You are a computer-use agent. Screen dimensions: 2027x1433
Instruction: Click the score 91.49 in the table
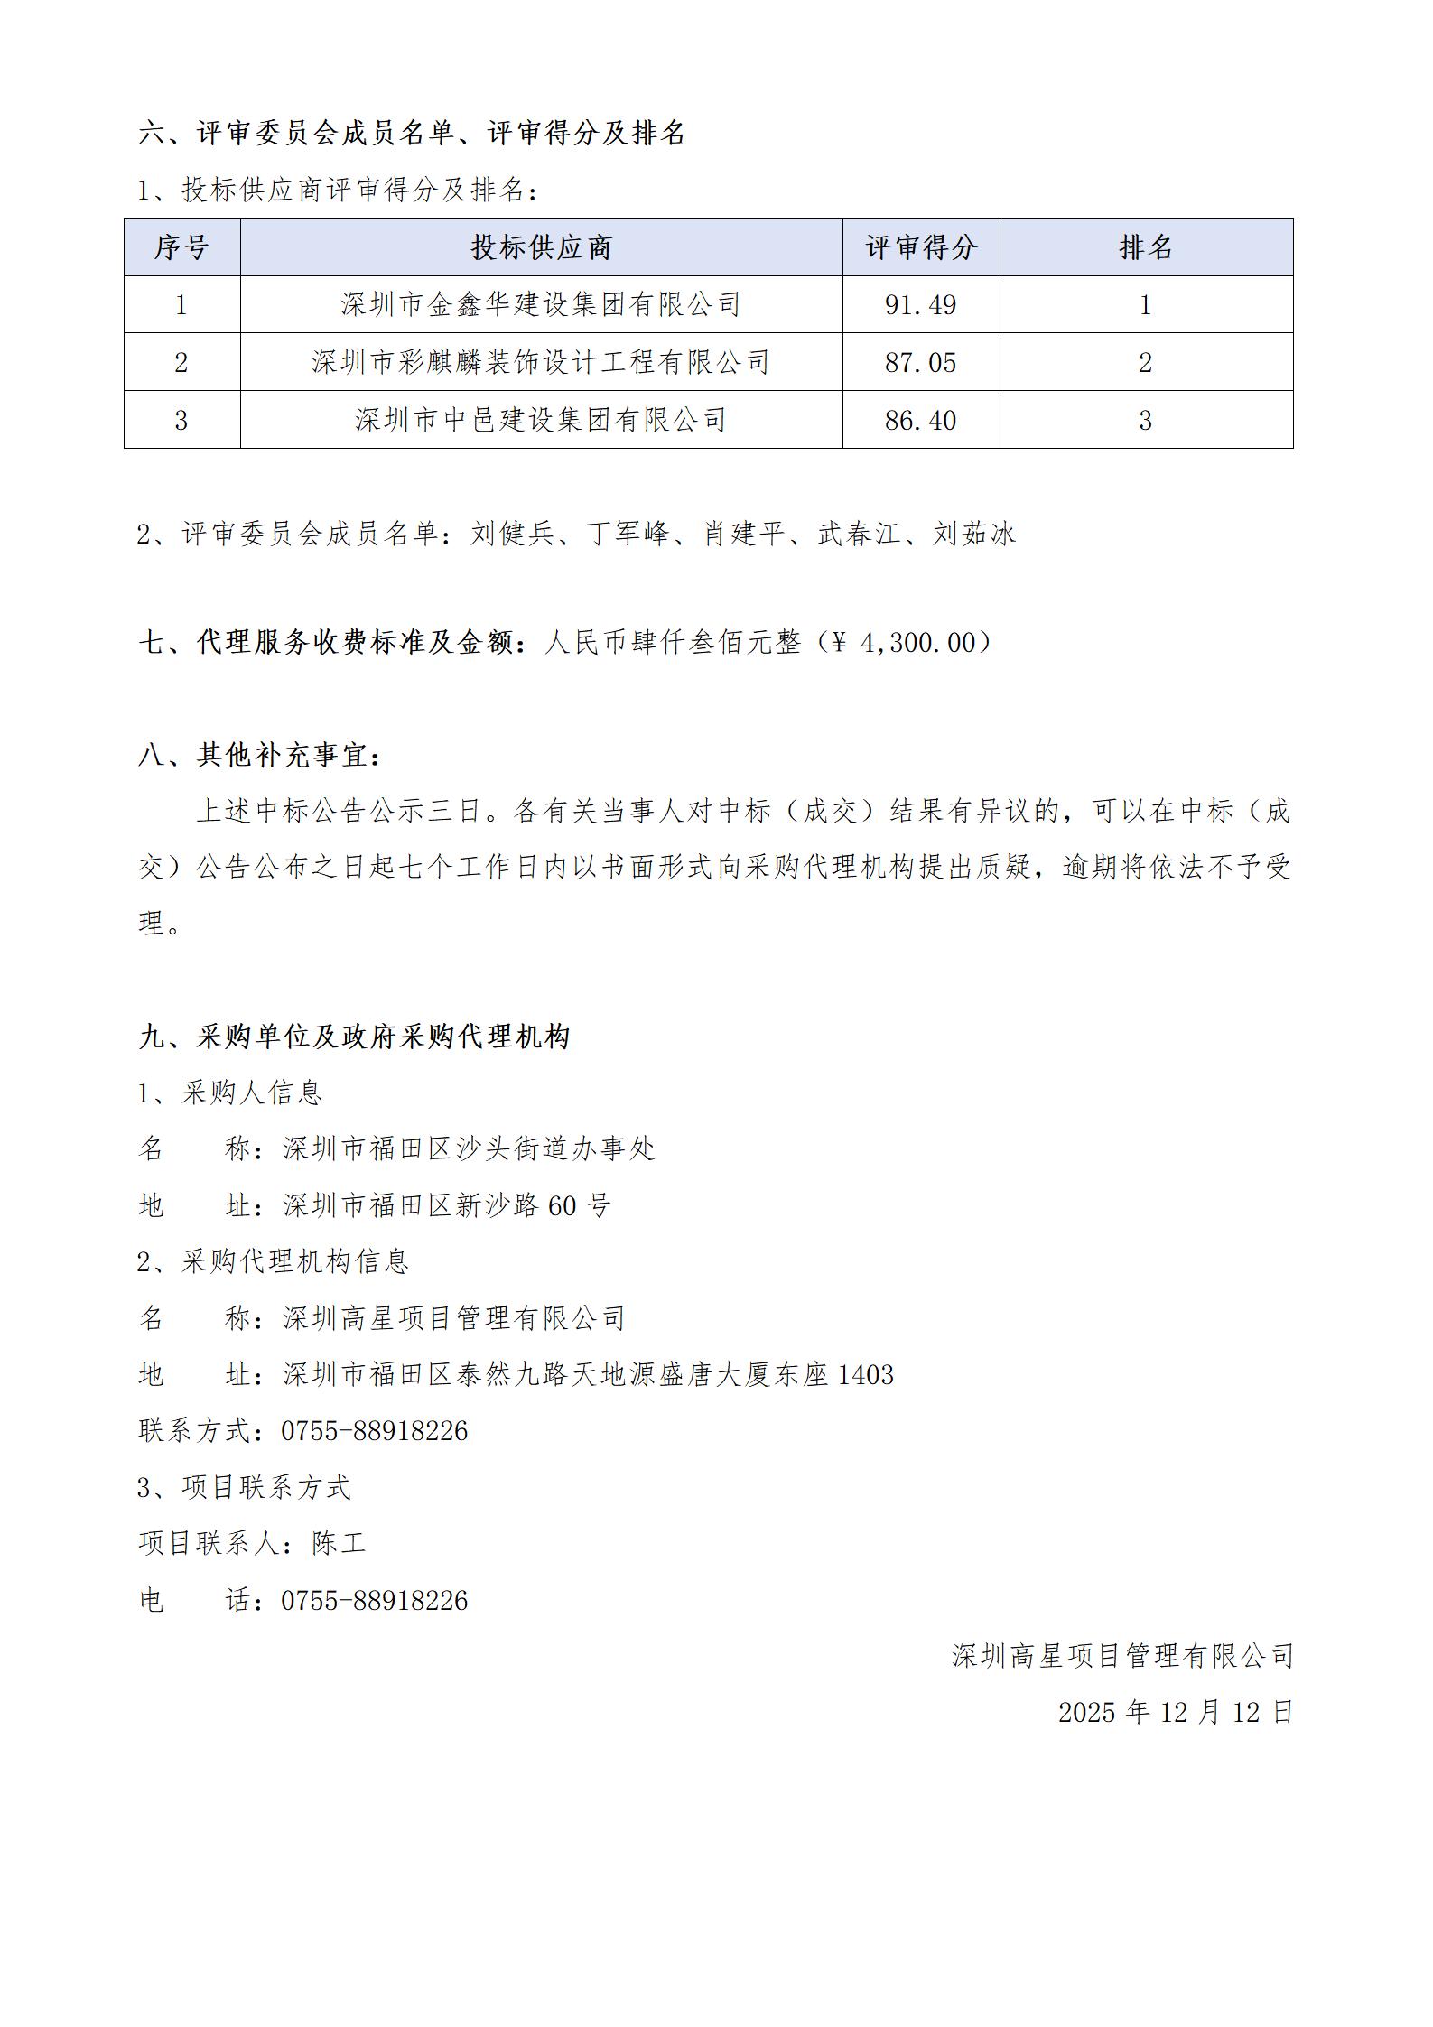(920, 305)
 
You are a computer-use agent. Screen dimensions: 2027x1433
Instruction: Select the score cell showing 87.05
(920, 363)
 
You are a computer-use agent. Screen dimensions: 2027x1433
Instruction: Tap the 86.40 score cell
(920, 421)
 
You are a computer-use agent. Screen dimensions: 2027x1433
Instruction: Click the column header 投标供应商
(541, 247)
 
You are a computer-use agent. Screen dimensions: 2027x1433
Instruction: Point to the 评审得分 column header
(920, 247)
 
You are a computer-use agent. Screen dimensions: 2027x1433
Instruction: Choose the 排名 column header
(1145, 247)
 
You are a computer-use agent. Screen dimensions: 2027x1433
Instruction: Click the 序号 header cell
(181, 247)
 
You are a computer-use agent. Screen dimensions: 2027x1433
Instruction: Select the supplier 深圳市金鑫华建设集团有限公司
(541, 305)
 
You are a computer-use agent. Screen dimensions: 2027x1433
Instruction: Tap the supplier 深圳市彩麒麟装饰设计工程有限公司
(541, 363)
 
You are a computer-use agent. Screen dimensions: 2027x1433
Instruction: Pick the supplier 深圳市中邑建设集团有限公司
(541, 421)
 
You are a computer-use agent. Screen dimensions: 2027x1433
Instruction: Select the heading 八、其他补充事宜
(260, 756)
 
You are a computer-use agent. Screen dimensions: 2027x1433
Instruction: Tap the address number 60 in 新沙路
(563, 1205)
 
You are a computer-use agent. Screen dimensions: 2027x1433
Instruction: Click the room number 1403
(866, 1375)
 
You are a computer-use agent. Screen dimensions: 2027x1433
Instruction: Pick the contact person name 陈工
(339, 1543)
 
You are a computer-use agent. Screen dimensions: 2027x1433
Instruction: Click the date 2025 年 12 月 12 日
(1175, 1712)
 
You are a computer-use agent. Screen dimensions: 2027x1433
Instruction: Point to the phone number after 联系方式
(375, 1431)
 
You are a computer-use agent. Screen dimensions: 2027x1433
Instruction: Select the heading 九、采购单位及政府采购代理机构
(354, 1037)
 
